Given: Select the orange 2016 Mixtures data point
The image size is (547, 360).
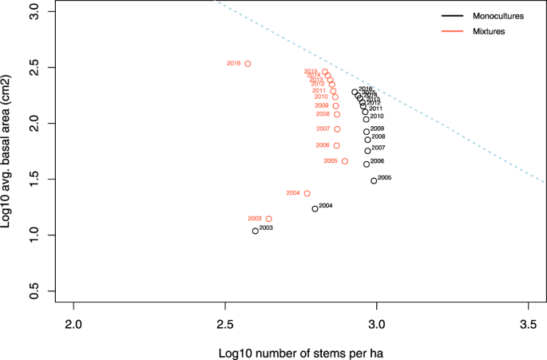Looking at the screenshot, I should [248, 63].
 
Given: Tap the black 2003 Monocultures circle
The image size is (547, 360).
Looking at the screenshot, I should [255, 231].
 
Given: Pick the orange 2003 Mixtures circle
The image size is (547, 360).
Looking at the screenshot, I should [268, 219].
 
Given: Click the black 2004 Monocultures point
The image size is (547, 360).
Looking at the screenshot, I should [315, 208].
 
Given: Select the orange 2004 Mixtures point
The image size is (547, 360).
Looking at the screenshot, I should [307, 193].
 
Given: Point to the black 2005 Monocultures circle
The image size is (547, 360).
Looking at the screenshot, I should [373, 180].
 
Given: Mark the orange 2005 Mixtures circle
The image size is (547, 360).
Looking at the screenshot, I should [344, 161].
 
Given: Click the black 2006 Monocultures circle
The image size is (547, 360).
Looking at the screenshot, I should [367, 164].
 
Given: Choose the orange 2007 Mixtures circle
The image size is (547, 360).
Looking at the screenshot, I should [337, 129].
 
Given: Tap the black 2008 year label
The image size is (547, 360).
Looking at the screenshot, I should [379, 137].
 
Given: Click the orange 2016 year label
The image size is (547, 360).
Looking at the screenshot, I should [233, 63].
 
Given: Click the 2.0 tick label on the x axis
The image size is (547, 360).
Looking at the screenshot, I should [73, 326].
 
